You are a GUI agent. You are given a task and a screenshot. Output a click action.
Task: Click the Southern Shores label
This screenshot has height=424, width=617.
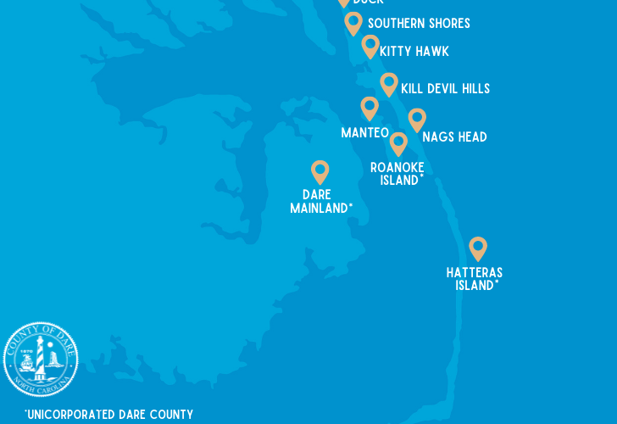pyautogui.click(x=419, y=24)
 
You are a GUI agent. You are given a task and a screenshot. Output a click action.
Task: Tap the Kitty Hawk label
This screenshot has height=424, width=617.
pyautogui.click(x=414, y=52)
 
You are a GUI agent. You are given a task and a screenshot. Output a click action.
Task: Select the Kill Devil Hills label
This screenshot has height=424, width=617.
pyautogui.click(x=445, y=89)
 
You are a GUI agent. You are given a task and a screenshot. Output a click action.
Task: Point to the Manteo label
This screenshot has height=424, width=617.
pyautogui.click(x=364, y=133)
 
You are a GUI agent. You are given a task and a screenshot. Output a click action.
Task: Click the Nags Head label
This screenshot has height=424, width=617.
pyautogui.click(x=454, y=137)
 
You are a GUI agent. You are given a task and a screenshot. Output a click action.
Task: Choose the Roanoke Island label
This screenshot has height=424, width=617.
pyautogui.click(x=397, y=174)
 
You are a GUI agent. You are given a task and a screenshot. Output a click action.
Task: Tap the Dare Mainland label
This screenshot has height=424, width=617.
pyautogui.click(x=320, y=202)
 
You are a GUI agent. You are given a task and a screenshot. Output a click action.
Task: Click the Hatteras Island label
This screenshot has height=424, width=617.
pyautogui.click(x=475, y=279)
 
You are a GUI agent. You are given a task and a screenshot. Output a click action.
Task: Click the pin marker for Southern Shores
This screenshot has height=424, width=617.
pyautogui.click(x=353, y=22)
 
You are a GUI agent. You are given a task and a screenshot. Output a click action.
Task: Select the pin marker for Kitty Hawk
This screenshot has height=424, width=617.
pyautogui.click(x=370, y=45)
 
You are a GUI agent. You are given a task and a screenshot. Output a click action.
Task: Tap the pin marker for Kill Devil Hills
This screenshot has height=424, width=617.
pyautogui.click(x=389, y=83)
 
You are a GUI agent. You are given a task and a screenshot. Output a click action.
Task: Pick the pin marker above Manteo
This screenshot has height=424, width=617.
pyautogui.click(x=370, y=107)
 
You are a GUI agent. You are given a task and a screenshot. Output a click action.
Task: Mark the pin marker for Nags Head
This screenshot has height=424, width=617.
pyautogui.click(x=417, y=119)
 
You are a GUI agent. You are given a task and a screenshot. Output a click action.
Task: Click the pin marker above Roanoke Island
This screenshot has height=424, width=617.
pyautogui.click(x=398, y=142)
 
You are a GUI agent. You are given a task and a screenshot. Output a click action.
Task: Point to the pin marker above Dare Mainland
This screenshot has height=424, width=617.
pyautogui.click(x=320, y=170)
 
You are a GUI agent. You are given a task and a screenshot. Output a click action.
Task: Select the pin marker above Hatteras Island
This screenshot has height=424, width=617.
pyautogui.click(x=478, y=248)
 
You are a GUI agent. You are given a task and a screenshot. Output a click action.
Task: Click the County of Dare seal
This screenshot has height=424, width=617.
pyautogui.click(x=41, y=360)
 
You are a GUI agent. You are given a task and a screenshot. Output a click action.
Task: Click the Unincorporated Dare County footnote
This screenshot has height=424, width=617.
pyautogui.click(x=109, y=415)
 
